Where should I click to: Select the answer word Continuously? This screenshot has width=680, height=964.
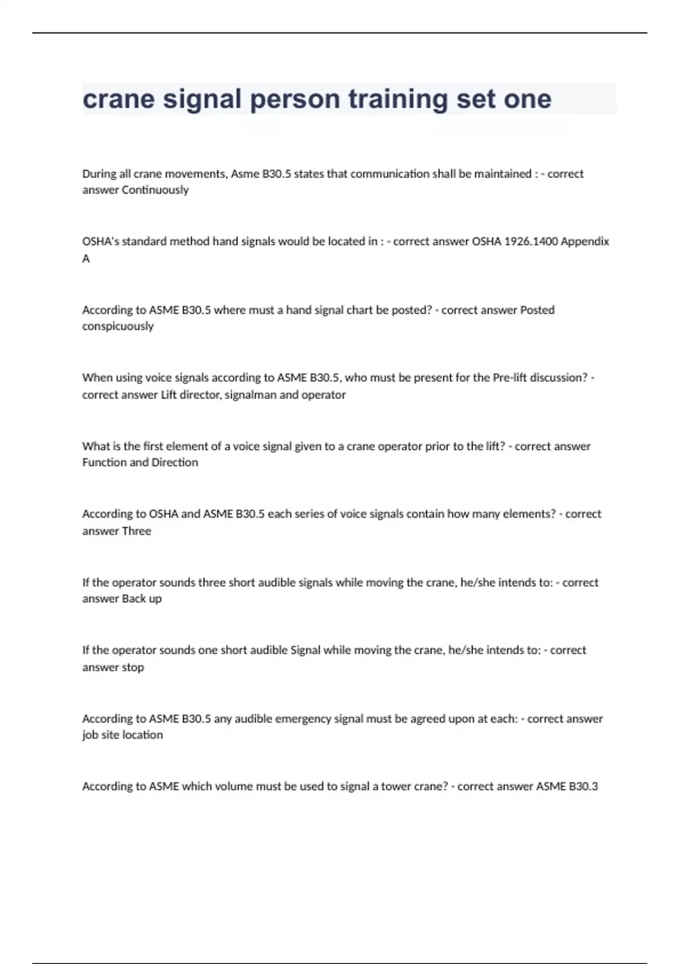point(155,190)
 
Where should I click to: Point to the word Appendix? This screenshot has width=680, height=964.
point(585,242)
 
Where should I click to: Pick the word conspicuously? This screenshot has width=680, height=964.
point(118,326)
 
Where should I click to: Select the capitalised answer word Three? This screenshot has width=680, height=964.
point(133,531)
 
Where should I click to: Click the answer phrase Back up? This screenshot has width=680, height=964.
point(142,599)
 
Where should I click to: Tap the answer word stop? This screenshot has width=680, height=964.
point(133,667)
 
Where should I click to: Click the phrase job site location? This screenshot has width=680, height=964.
point(122,735)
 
